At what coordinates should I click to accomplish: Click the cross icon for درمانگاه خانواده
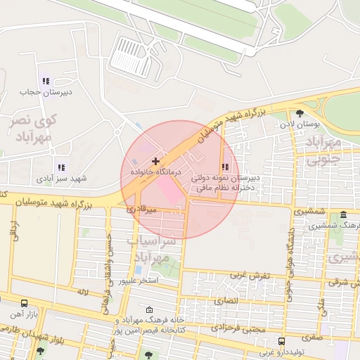pyautogui.click(x=155, y=162)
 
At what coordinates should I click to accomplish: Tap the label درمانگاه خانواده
pyautogui.click(x=155, y=172)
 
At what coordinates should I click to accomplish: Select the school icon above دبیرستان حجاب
pyautogui.click(x=46, y=82)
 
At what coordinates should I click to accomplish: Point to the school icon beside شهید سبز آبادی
pyautogui.click(x=61, y=167)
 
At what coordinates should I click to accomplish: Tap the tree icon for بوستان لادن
pyautogui.click(x=300, y=112)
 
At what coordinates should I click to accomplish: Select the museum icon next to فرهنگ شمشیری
pyautogui.click(x=343, y=214)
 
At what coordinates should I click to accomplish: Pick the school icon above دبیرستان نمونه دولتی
pyautogui.click(x=225, y=167)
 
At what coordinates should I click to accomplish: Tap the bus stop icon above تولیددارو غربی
pyautogui.click(x=281, y=342)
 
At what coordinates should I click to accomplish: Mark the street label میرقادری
pyautogui.click(x=141, y=209)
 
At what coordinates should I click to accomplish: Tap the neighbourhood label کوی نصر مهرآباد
pyautogui.click(x=32, y=127)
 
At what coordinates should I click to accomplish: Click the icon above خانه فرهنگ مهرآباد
pyautogui.click(x=148, y=309)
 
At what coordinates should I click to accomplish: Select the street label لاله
pyautogui.click(x=82, y=290)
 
